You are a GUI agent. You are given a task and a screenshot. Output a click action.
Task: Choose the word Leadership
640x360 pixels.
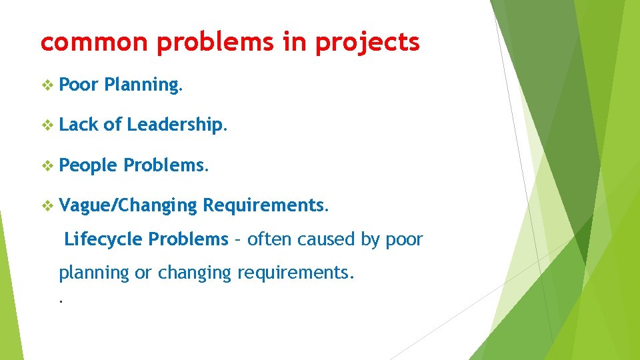(x=177, y=125)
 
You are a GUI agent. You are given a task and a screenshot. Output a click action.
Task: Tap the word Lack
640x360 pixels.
(x=79, y=125)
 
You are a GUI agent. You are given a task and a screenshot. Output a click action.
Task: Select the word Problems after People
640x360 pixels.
(x=166, y=165)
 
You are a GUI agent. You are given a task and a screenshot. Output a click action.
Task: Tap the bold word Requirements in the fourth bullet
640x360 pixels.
(x=265, y=206)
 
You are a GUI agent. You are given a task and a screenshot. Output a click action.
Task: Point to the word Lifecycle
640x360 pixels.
(x=104, y=239)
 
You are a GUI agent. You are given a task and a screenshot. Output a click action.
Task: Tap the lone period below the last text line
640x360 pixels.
(x=61, y=301)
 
